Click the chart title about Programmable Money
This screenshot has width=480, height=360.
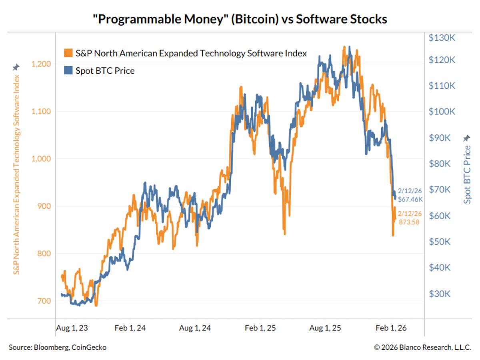click(240, 19)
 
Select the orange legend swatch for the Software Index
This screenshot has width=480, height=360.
click(68, 53)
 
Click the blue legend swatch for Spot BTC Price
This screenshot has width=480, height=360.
click(68, 71)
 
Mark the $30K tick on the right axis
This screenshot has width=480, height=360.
click(440, 294)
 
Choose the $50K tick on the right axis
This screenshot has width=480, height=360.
click(440, 242)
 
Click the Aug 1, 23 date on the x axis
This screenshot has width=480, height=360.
click(72, 328)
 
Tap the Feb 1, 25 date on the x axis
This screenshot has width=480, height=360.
click(260, 328)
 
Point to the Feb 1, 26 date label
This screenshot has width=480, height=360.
click(391, 328)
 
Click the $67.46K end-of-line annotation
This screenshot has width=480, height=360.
click(410, 199)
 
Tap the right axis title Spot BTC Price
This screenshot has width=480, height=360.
click(467, 174)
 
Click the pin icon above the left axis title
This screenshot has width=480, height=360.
click(16, 67)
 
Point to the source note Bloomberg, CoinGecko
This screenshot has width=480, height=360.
click(58, 348)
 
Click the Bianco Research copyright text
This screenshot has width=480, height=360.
click(422, 348)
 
